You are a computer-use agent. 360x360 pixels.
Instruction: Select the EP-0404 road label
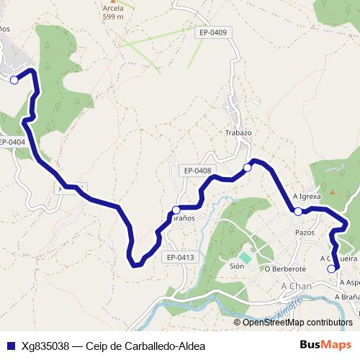click(x=12, y=142)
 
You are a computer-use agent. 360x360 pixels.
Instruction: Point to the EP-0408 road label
click(x=197, y=171)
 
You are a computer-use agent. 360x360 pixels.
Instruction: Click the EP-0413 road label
click(x=180, y=257)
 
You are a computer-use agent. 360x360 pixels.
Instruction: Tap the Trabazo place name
click(x=238, y=133)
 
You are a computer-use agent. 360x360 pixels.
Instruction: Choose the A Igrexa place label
click(x=307, y=196)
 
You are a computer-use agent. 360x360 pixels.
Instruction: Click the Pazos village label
click(x=305, y=233)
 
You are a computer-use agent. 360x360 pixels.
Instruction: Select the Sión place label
click(x=237, y=266)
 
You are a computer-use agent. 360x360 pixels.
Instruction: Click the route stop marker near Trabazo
click(x=247, y=167)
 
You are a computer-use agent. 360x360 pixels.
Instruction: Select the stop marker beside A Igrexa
click(x=297, y=211)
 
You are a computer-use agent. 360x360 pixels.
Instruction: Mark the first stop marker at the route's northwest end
click(x=14, y=81)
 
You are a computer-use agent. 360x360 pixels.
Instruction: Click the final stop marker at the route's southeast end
click(x=331, y=269)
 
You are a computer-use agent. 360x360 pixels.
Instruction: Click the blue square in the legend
click(x=9, y=346)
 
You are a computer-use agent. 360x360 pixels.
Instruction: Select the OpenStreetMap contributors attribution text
click(x=297, y=323)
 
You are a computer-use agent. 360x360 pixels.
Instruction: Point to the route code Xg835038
click(x=46, y=346)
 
